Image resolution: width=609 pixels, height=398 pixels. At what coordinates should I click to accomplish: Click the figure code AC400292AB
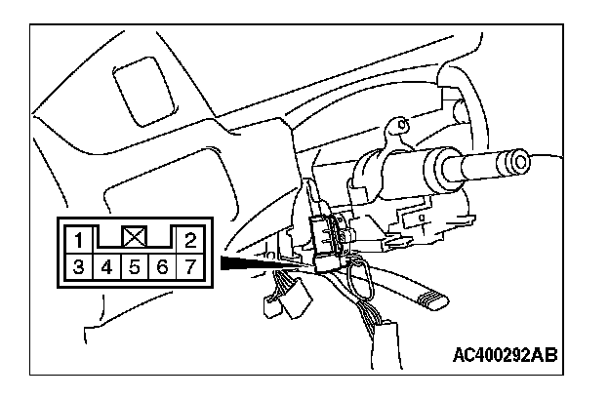click(x=506, y=352)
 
